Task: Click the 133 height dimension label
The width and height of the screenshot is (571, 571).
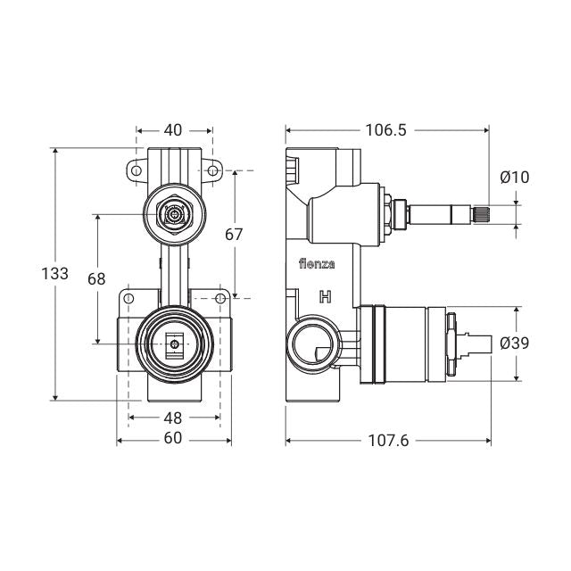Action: (x=55, y=274)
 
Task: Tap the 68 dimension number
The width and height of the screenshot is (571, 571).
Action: (x=96, y=278)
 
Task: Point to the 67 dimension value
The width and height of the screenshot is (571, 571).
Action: (x=235, y=235)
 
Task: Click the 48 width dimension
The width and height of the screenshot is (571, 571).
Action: (x=173, y=417)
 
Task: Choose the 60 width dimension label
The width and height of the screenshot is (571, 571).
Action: (x=173, y=438)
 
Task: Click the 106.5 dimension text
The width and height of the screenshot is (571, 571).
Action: (x=385, y=129)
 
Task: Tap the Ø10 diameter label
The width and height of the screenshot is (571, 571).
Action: (x=515, y=177)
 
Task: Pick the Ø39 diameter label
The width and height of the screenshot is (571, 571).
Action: (x=515, y=343)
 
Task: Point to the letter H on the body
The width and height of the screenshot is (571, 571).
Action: (x=327, y=297)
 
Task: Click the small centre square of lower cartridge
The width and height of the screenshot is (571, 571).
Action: (x=175, y=343)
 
